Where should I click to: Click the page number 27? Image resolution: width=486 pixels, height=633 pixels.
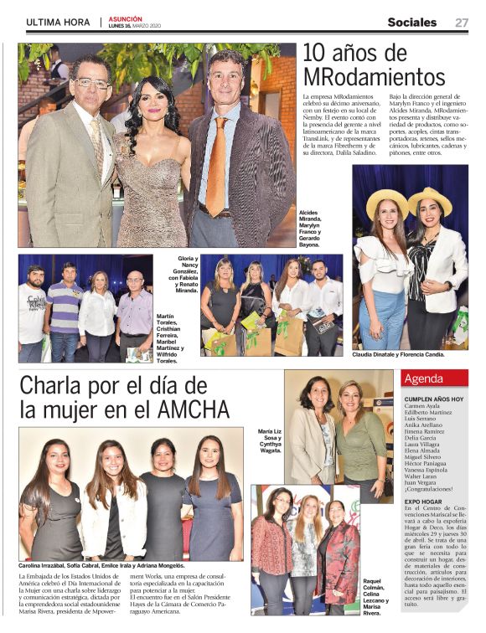(462, 23)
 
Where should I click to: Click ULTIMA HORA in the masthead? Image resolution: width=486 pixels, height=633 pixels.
(56, 23)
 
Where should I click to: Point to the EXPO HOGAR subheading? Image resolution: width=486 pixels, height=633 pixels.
(426, 502)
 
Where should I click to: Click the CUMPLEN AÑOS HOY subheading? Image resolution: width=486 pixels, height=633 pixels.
(434, 399)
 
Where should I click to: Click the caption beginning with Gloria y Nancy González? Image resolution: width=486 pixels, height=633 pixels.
(184, 274)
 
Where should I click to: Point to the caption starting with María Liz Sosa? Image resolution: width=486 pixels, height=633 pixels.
(270, 441)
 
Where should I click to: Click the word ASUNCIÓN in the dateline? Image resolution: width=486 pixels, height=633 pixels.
(125, 18)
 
